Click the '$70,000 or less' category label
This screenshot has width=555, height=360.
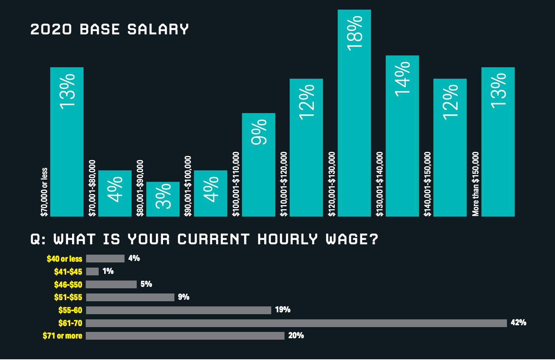[44, 192]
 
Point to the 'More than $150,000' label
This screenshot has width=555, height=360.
[476, 184]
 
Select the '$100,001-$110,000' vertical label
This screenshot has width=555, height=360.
[236, 184]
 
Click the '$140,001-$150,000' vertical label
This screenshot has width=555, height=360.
[428, 184]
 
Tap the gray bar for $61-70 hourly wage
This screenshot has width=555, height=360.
[296, 323]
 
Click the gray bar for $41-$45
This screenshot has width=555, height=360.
[92, 272]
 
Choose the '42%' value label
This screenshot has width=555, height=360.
[518, 323]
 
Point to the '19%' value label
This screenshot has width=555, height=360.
[283, 310]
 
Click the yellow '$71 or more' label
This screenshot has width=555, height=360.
[62, 336]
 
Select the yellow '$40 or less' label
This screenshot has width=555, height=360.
[64, 259]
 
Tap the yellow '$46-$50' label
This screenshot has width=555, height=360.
[68, 285]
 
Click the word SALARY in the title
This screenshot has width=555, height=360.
[158, 30]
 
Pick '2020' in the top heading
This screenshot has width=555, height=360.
[51, 30]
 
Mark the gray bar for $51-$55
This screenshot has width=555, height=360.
[130, 297]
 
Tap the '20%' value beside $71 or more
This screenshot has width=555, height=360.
[296, 336]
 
